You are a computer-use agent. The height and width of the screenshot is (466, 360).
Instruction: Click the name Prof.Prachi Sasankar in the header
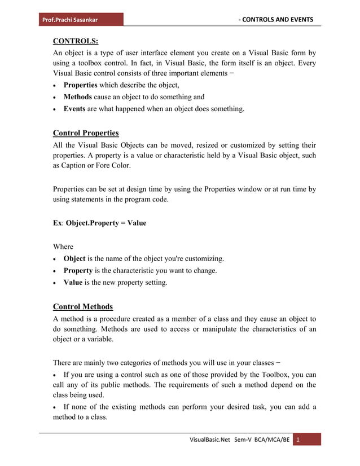point(69,20)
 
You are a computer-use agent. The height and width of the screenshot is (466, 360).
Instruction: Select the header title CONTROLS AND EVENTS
point(277,20)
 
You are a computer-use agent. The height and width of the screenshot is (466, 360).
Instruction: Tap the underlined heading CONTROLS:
point(75,41)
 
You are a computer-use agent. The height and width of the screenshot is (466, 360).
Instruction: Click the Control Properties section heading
point(85,133)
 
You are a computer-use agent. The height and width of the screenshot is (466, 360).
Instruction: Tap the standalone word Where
point(63,247)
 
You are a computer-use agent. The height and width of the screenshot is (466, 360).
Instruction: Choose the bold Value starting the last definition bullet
point(73,283)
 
